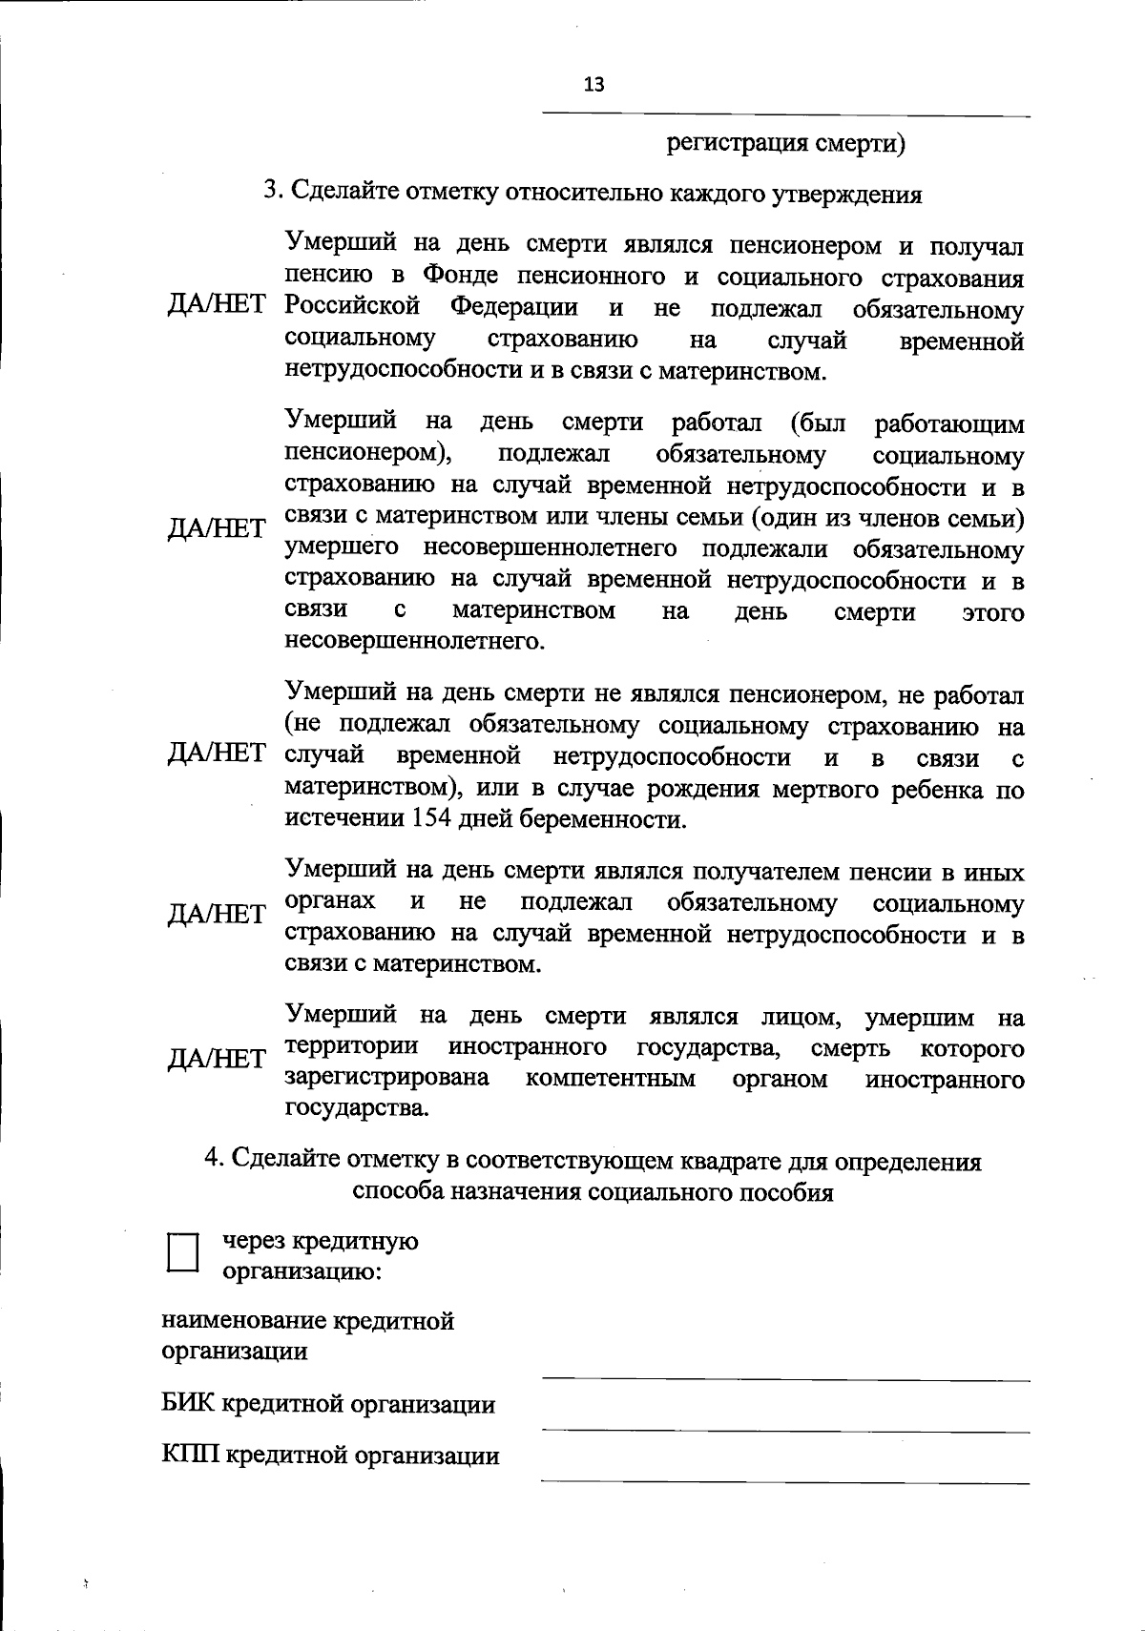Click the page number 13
tap(593, 85)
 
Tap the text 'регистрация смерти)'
tap(785, 144)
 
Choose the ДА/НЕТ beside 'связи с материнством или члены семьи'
tap(217, 528)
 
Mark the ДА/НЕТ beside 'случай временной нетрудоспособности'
tap(217, 754)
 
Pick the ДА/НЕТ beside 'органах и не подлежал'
tap(217, 916)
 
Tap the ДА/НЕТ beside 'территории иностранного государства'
tap(217, 1060)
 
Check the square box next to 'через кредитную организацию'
tap(182, 1251)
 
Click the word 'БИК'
tap(188, 1405)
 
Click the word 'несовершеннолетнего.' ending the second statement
tap(415, 642)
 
